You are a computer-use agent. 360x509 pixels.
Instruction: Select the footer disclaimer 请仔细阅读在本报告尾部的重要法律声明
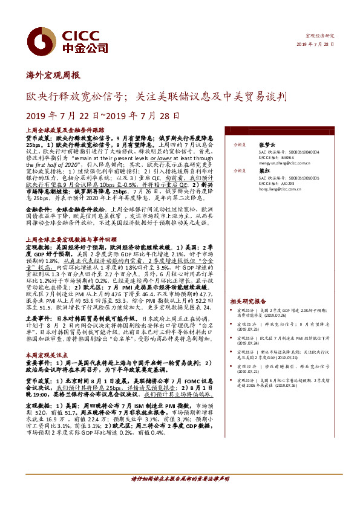(x=180, y=479)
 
